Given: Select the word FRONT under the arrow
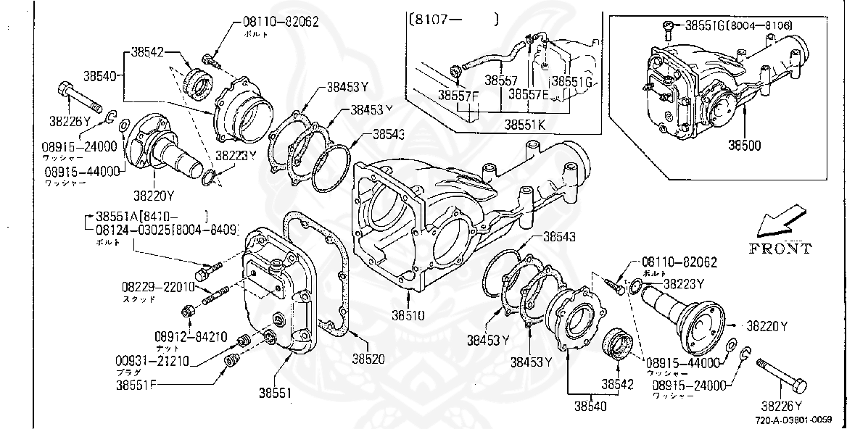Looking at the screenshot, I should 780,249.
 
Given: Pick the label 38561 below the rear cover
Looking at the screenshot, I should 276,393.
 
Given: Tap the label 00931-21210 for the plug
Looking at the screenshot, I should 152,361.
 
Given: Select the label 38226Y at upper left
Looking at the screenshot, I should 70,120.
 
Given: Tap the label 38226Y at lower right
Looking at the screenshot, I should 782,405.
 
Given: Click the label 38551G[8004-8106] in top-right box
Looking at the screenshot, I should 738,26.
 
